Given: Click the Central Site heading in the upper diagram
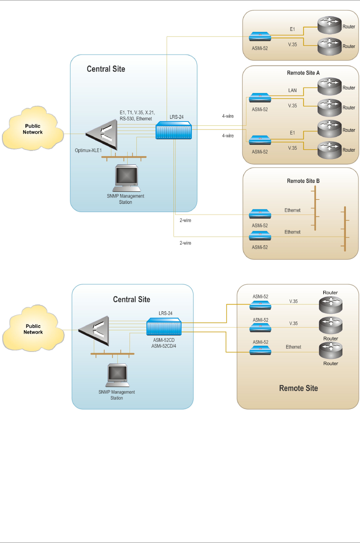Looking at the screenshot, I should [x=106, y=69].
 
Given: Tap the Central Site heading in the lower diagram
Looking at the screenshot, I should [x=131, y=300].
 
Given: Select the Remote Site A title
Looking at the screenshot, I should [x=303, y=73].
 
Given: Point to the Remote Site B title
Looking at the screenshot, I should [x=303, y=181].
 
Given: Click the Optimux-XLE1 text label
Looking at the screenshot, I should [x=88, y=151].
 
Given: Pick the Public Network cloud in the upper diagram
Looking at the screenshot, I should [x=33, y=129].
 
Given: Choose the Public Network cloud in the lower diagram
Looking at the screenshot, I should [x=33, y=329].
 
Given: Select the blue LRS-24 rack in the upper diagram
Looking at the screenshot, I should [x=174, y=130].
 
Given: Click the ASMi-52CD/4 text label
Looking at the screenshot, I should [x=164, y=346].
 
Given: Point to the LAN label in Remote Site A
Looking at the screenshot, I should [x=292, y=91].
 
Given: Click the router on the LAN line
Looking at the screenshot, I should [x=329, y=86].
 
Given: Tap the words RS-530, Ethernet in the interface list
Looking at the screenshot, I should [x=136, y=119].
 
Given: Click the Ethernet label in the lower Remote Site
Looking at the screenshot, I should [x=294, y=347].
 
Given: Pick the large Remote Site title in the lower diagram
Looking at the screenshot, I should [x=298, y=389].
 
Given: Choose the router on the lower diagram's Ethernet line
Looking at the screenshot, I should [x=331, y=350].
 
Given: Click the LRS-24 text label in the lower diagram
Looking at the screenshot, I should [x=165, y=313].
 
